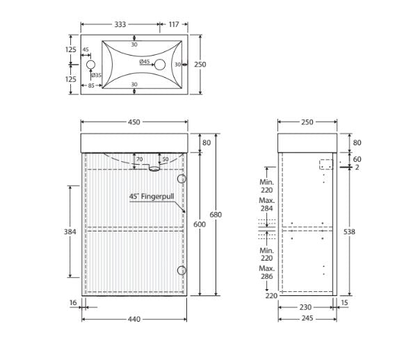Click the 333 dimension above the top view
(120, 24)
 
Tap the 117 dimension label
(174, 24)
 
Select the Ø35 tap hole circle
(91, 65)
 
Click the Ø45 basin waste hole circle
(160, 65)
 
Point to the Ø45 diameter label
(145, 62)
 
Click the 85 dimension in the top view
(91, 85)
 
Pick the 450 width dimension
(134, 122)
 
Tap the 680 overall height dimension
(216, 215)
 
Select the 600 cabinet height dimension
(200, 224)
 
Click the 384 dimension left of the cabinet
(70, 231)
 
